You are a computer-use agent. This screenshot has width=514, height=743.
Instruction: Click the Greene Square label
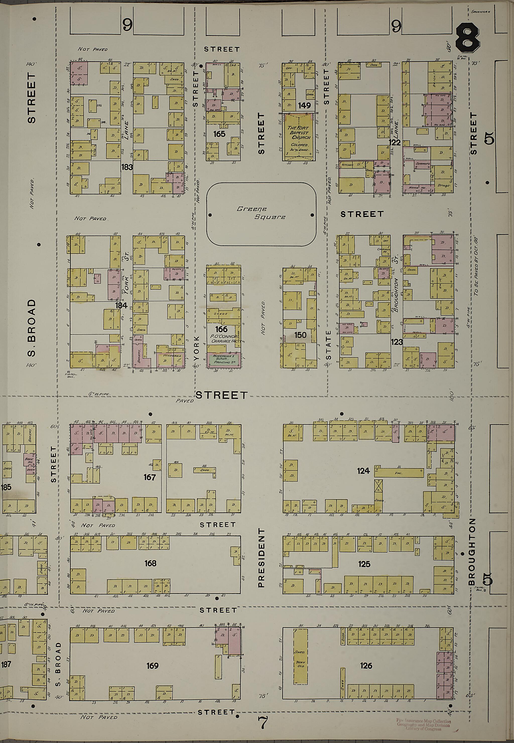(261, 213)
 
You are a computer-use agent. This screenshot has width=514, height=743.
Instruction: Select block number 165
(219, 134)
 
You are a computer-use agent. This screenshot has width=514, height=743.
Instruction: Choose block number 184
(121, 305)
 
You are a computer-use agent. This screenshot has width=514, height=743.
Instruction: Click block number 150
(300, 335)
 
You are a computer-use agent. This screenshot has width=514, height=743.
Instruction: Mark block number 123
(397, 342)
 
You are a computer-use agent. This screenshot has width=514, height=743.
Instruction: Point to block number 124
(363, 471)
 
